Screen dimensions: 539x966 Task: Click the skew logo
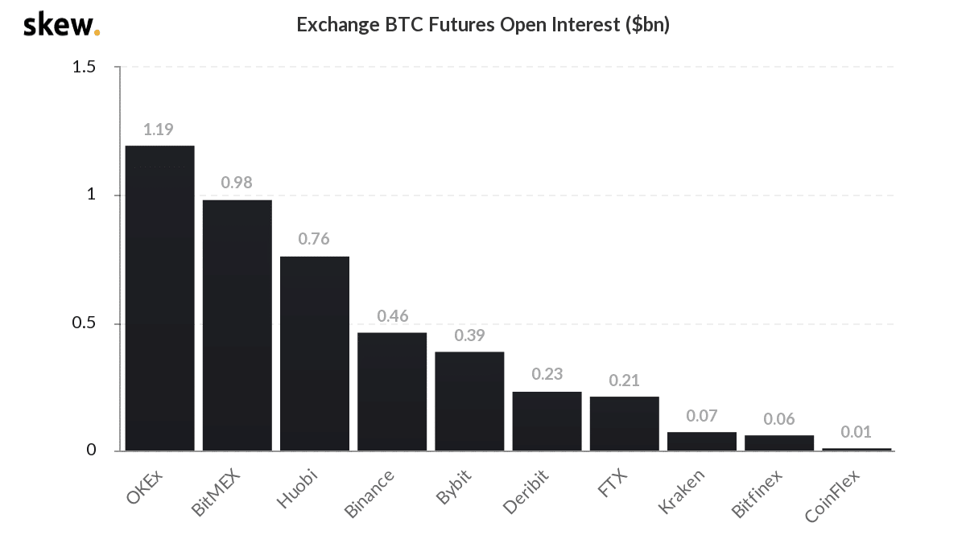click(x=60, y=25)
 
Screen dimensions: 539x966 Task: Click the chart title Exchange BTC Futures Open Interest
click(x=483, y=25)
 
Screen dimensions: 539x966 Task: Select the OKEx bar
click(x=159, y=298)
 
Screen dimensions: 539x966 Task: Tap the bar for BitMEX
click(x=237, y=325)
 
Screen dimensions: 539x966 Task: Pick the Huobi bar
click(x=315, y=353)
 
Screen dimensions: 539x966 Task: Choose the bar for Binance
click(x=392, y=391)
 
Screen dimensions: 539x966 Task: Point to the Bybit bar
click(x=469, y=401)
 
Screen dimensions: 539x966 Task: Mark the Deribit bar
click(x=547, y=421)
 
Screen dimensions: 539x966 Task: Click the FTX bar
click(x=624, y=423)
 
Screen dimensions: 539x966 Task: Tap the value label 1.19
click(x=159, y=129)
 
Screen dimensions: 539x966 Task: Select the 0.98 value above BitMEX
click(x=237, y=183)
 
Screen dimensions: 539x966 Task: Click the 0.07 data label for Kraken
click(x=701, y=416)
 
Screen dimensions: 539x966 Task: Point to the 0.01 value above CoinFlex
click(x=856, y=432)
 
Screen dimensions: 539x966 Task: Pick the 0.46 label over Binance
click(x=392, y=316)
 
